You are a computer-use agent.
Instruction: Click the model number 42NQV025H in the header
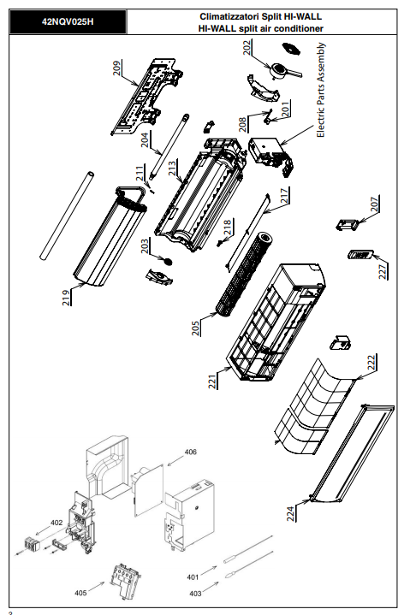pyautogui.click(x=68, y=22)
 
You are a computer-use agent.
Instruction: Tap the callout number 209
pyautogui.click(x=117, y=68)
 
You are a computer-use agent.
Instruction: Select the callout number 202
pyautogui.click(x=247, y=47)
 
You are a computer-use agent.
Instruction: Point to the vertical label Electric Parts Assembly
pyautogui.click(x=321, y=90)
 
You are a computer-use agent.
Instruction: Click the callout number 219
pyautogui.click(x=66, y=298)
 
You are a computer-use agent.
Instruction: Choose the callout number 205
pyautogui.click(x=195, y=328)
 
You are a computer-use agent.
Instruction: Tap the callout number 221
pyautogui.click(x=212, y=381)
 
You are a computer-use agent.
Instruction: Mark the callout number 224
pyautogui.click(x=290, y=513)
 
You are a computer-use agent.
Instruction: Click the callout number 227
pyautogui.click(x=383, y=271)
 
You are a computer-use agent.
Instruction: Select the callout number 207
pyautogui.click(x=375, y=204)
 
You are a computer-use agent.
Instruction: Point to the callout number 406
pyautogui.click(x=190, y=452)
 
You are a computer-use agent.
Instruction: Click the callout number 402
pyautogui.click(x=56, y=523)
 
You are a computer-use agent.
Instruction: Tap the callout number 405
pyautogui.click(x=80, y=593)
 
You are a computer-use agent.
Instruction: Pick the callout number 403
pyautogui.click(x=195, y=594)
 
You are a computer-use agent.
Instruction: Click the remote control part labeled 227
pyautogui.click(x=360, y=255)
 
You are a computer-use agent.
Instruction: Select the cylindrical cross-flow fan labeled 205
pyautogui.click(x=243, y=275)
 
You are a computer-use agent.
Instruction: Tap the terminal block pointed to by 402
pyautogui.click(x=32, y=544)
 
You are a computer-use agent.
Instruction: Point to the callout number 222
pyautogui.click(x=371, y=362)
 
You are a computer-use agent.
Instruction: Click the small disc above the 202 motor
pyautogui.click(x=291, y=49)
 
